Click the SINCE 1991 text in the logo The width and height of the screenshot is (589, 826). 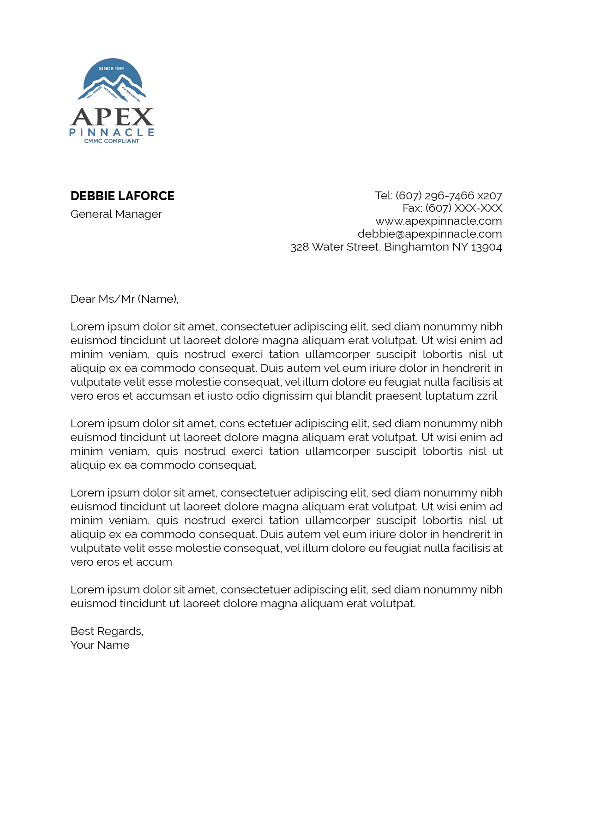coord(112,69)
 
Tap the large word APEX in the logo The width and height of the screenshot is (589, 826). coord(112,117)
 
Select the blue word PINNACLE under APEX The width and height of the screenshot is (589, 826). coord(112,132)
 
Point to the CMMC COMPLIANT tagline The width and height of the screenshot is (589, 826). coord(112,141)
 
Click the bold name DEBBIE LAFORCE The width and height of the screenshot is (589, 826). coord(122,196)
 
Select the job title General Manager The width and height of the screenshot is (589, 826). coord(116,214)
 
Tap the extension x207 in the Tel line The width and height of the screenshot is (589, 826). coord(490,196)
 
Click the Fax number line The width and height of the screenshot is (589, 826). coord(452,208)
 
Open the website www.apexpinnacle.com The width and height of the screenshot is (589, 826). coord(438,221)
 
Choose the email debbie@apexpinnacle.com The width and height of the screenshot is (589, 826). coord(429,234)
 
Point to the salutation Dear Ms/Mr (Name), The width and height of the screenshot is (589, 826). coord(124,299)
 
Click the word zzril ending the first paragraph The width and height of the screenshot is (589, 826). coord(487,396)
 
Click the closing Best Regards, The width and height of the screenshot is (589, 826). coord(107,631)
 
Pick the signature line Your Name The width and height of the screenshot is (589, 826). coord(100,645)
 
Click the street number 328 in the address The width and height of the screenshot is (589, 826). coord(299,247)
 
